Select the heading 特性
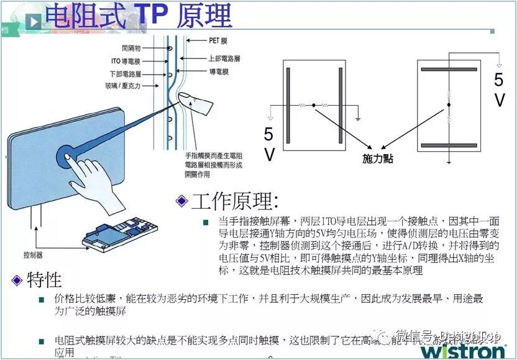click(44, 280)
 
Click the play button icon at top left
click(35, 22)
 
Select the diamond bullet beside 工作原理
click(181, 201)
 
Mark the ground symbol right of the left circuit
click(358, 118)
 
